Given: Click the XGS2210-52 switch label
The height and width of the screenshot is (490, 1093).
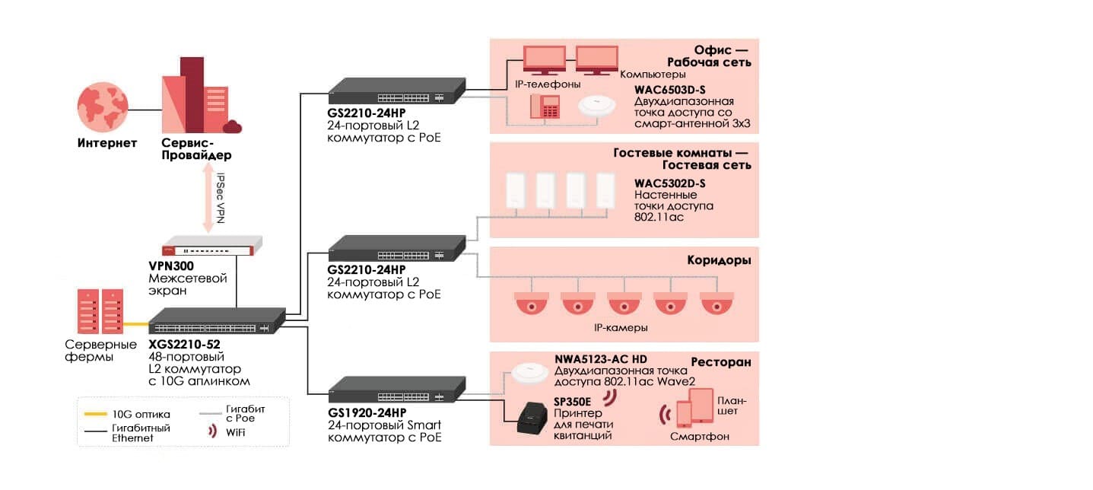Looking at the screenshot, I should pos(185,344).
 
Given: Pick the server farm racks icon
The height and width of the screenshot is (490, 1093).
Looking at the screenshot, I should pos(100,312).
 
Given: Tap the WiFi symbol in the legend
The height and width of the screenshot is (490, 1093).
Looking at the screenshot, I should pos(212,432).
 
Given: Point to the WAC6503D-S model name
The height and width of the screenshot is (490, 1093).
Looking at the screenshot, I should pos(669,89).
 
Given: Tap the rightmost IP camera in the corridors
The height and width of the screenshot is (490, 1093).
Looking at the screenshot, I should pos(716,303).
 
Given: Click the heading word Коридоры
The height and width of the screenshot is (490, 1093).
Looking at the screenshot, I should pos(720,260).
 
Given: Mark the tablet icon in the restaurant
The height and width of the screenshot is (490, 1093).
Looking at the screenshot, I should pos(701,406).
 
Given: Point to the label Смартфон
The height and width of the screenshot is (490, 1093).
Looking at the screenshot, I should pos(700,437).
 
